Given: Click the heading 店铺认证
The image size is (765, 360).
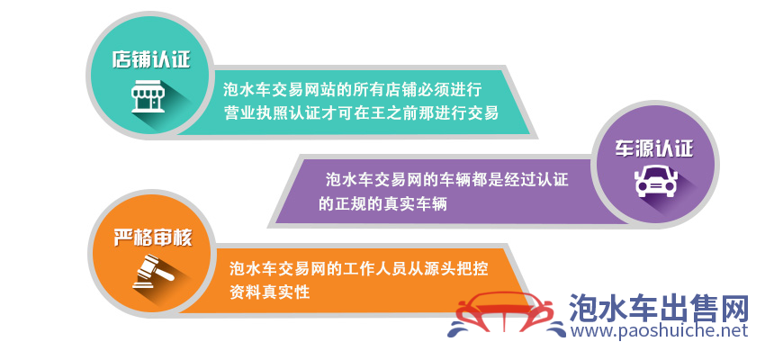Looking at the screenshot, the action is pyautogui.click(x=151, y=59).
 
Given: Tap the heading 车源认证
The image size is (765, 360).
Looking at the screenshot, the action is pyautogui.click(x=653, y=148).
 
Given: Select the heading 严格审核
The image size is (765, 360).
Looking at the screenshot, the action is pyautogui.click(x=153, y=238).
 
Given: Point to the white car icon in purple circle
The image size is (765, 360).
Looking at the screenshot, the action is pyautogui.click(x=656, y=181).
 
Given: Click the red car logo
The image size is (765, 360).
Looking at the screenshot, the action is pyautogui.click(x=505, y=315).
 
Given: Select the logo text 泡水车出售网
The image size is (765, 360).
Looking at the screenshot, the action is pyautogui.click(x=659, y=307).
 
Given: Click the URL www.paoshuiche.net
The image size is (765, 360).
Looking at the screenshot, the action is pyautogui.click(x=659, y=330).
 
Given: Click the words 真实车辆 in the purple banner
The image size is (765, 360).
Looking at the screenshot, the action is pyautogui.click(x=415, y=204).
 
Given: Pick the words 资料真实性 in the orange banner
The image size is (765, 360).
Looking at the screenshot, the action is pyautogui.click(x=270, y=292).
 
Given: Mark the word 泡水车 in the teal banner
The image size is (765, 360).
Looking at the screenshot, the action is pyautogui.click(x=247, y=89).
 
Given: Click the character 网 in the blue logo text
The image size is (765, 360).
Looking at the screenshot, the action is pyautogui.click(x=733, y=307).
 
